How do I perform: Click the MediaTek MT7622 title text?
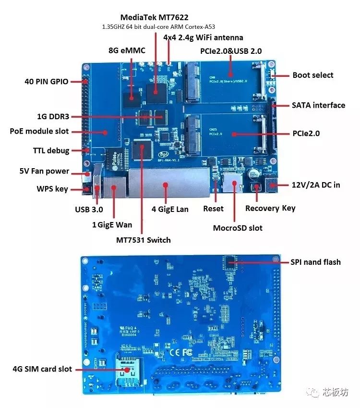point(154,17)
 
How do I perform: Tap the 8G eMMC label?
point(127,50)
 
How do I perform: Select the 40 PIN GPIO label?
point(47,81)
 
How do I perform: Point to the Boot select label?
point(313,75)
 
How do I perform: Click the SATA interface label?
point(318,105)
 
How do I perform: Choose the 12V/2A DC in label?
point(316,185)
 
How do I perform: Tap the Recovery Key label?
point(270,209)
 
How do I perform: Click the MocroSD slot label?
point(238,228)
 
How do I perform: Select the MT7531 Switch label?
point(144,240)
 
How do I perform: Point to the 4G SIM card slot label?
point(42,369)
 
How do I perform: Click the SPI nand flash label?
point(315,262)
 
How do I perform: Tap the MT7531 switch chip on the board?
point(142,149)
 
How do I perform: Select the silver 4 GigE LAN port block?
point(169,183)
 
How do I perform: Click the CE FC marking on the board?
point(181,352)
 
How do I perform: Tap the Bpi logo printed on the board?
point(164,154)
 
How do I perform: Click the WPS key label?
point(52,189)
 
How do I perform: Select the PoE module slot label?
point(39,131)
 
